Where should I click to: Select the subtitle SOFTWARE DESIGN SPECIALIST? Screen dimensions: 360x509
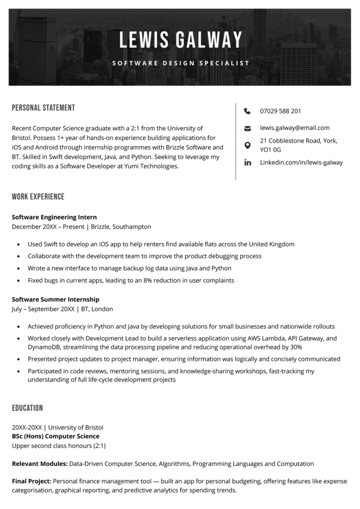pyautogui.click(x=180, y=63)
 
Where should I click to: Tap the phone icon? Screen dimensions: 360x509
pyautogui.click(x=248, y=111)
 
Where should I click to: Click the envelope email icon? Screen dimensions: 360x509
pyautogui.click(x=248, y=128)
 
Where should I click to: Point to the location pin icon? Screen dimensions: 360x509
pyautogui.click(x=248, y=145)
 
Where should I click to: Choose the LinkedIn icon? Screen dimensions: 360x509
pyautogui.click(x=248, y=163)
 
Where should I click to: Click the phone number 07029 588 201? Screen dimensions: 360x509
pyautogui.click(x=280, y=111)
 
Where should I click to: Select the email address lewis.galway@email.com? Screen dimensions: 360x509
pyautogui.click(x=294, y=128)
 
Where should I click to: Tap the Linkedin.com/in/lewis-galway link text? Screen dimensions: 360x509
pyautogui.click(x=301, y=163)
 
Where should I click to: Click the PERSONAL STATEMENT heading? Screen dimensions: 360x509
pyautogui.click(x=43, y=108)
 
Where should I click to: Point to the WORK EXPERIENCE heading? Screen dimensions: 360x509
pyautogui.click(x=38, y=196)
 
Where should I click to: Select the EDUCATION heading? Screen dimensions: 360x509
pyautogui.click(x=27, y=408)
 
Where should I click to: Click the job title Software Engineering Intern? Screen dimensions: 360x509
pyautogui.click(x=54, y=217)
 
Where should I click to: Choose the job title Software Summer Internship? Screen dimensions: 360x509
pyautogui.click(x=56, y=299)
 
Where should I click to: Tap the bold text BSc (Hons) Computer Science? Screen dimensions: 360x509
pyautogui.click(x=55, y=436)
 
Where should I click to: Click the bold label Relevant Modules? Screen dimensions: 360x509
pyautogui.click(x=40, y=464)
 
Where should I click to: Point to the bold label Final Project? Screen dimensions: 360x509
pyautogui.click(x=31, y=481)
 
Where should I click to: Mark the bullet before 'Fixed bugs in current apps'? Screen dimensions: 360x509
pyautogui.click(x=18, y=281)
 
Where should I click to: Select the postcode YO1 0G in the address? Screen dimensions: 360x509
pyautogui.click(x=270, y=149)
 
